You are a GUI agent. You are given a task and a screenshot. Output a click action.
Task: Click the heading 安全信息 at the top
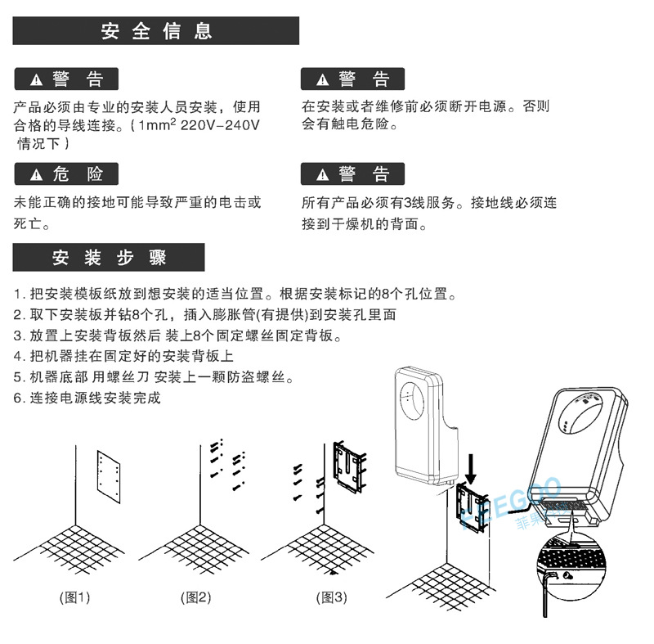pos(157,31)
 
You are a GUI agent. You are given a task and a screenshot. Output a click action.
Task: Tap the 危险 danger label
pos(78,173)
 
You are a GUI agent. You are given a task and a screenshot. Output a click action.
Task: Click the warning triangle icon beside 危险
pos(35,174)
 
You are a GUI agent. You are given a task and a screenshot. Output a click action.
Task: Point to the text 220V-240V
pos(220,126)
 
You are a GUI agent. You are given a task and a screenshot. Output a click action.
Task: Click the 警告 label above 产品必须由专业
pos(78,79)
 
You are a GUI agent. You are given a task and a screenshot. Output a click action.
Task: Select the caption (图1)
pos(74,597)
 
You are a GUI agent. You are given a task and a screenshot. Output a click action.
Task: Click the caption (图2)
pos(195,597)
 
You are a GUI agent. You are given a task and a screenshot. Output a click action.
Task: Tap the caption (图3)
pos(331,597)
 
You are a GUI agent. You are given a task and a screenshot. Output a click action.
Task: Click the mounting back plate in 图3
pos(349,466)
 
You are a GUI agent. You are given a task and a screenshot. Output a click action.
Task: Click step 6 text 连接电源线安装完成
pos(96,399)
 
